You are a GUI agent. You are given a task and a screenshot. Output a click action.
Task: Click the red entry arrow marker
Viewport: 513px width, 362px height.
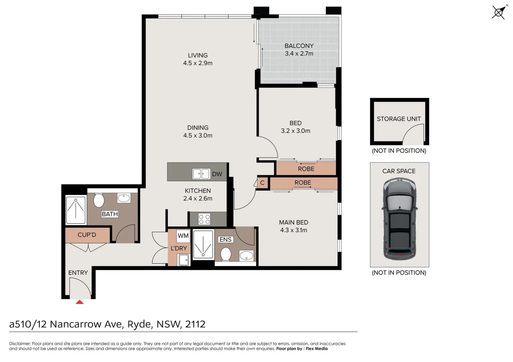(80, 302)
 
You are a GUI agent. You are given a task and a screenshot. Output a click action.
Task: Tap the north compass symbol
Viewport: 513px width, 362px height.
(499, 13)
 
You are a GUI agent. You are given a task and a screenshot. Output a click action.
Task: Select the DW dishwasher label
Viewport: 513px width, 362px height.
(217, 174)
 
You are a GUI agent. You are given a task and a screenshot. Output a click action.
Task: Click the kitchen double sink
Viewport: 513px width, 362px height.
(201, 174)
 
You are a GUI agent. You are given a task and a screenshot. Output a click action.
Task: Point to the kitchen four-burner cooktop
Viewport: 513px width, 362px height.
(204, 219)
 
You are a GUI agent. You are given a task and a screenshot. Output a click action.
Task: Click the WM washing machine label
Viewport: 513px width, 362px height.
(183, 236)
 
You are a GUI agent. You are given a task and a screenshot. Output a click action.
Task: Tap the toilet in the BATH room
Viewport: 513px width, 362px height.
(99, 200)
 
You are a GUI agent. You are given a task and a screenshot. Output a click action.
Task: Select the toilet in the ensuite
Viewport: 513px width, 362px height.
(226, 254)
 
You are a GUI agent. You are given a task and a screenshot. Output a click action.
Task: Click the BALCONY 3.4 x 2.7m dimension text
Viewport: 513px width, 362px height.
(299, 54)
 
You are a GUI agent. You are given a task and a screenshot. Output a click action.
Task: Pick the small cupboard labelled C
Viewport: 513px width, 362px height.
(262, 183)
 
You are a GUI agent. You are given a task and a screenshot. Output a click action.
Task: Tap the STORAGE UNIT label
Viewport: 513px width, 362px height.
(399, 119)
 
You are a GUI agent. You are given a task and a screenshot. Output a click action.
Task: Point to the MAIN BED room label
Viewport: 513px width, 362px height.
(293, 223)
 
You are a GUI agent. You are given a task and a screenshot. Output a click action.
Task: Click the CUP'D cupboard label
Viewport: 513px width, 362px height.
(87, 235)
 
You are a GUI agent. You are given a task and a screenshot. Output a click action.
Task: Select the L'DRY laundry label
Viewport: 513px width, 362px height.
(179, 248)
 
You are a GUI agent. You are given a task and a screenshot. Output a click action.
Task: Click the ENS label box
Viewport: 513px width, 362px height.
(225, 240)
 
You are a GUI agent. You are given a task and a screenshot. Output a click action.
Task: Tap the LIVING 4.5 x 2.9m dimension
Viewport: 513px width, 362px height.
(197, 63)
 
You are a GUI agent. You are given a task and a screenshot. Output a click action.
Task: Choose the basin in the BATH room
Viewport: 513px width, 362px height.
(124, 198)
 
